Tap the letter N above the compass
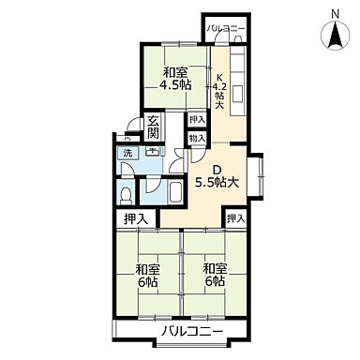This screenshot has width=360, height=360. click(x=336, y=14)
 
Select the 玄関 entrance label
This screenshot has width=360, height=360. click(x=153, y=127)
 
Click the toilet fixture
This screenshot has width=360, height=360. click(x=126, y=195)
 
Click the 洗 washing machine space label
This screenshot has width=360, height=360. click(x=127, y=153)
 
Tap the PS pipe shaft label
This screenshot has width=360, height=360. click(x=127, y=139)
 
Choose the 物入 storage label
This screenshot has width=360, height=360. click(x=197, y=138)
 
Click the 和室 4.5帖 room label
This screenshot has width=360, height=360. click(x=175, y=79)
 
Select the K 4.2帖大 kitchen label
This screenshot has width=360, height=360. click(x=219, y=91)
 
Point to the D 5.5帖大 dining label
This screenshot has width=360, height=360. click(x=217, y=177)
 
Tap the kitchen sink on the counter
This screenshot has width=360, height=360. click(x=237, y=94)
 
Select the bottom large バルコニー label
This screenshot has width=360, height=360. click(x=192, y=331)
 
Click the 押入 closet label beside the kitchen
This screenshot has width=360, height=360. click(x=197, y=119)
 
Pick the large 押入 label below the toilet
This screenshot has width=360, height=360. click(x=136, y=219)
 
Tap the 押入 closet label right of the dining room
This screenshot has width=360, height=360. click(x=235, y=218)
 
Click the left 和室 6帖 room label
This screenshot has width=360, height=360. click(x=148, y=276)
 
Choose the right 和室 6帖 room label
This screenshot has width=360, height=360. click(x=215, y=275)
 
